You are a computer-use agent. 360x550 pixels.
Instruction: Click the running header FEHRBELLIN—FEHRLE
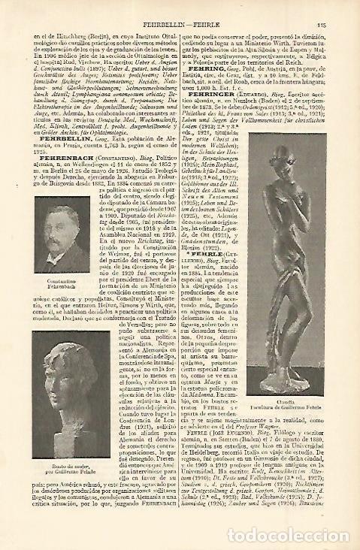178,24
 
